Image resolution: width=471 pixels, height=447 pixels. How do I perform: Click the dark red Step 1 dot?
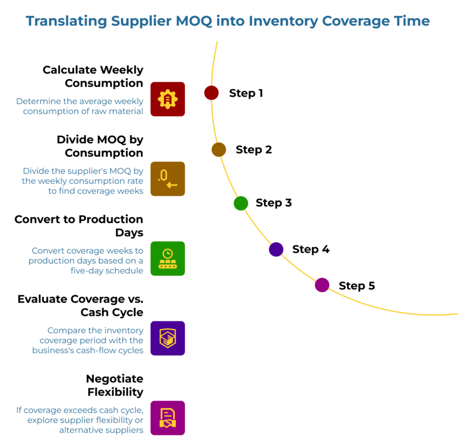point(211,93)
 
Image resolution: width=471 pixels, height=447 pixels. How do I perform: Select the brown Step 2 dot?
point(218,149)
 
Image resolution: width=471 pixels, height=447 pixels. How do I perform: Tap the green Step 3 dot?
point(241,203)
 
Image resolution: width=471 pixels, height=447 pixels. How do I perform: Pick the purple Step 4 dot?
point(276,249)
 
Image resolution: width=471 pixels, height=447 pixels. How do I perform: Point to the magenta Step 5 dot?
point(322,285)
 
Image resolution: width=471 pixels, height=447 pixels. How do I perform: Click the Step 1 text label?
point(246,93)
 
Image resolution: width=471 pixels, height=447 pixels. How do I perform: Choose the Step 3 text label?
point(274,203)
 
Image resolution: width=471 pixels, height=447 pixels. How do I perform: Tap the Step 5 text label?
point(357,286)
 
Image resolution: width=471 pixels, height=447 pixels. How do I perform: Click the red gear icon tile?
point(167,99)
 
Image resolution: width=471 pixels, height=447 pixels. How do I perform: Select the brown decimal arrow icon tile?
point(167,179)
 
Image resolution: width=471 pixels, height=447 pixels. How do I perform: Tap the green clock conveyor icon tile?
point(167,259)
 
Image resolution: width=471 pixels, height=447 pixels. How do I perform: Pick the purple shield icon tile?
point(167,338)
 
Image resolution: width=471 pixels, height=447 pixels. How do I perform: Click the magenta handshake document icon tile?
point(167,418)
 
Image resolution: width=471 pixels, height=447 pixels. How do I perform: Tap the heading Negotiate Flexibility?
point(115,385)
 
